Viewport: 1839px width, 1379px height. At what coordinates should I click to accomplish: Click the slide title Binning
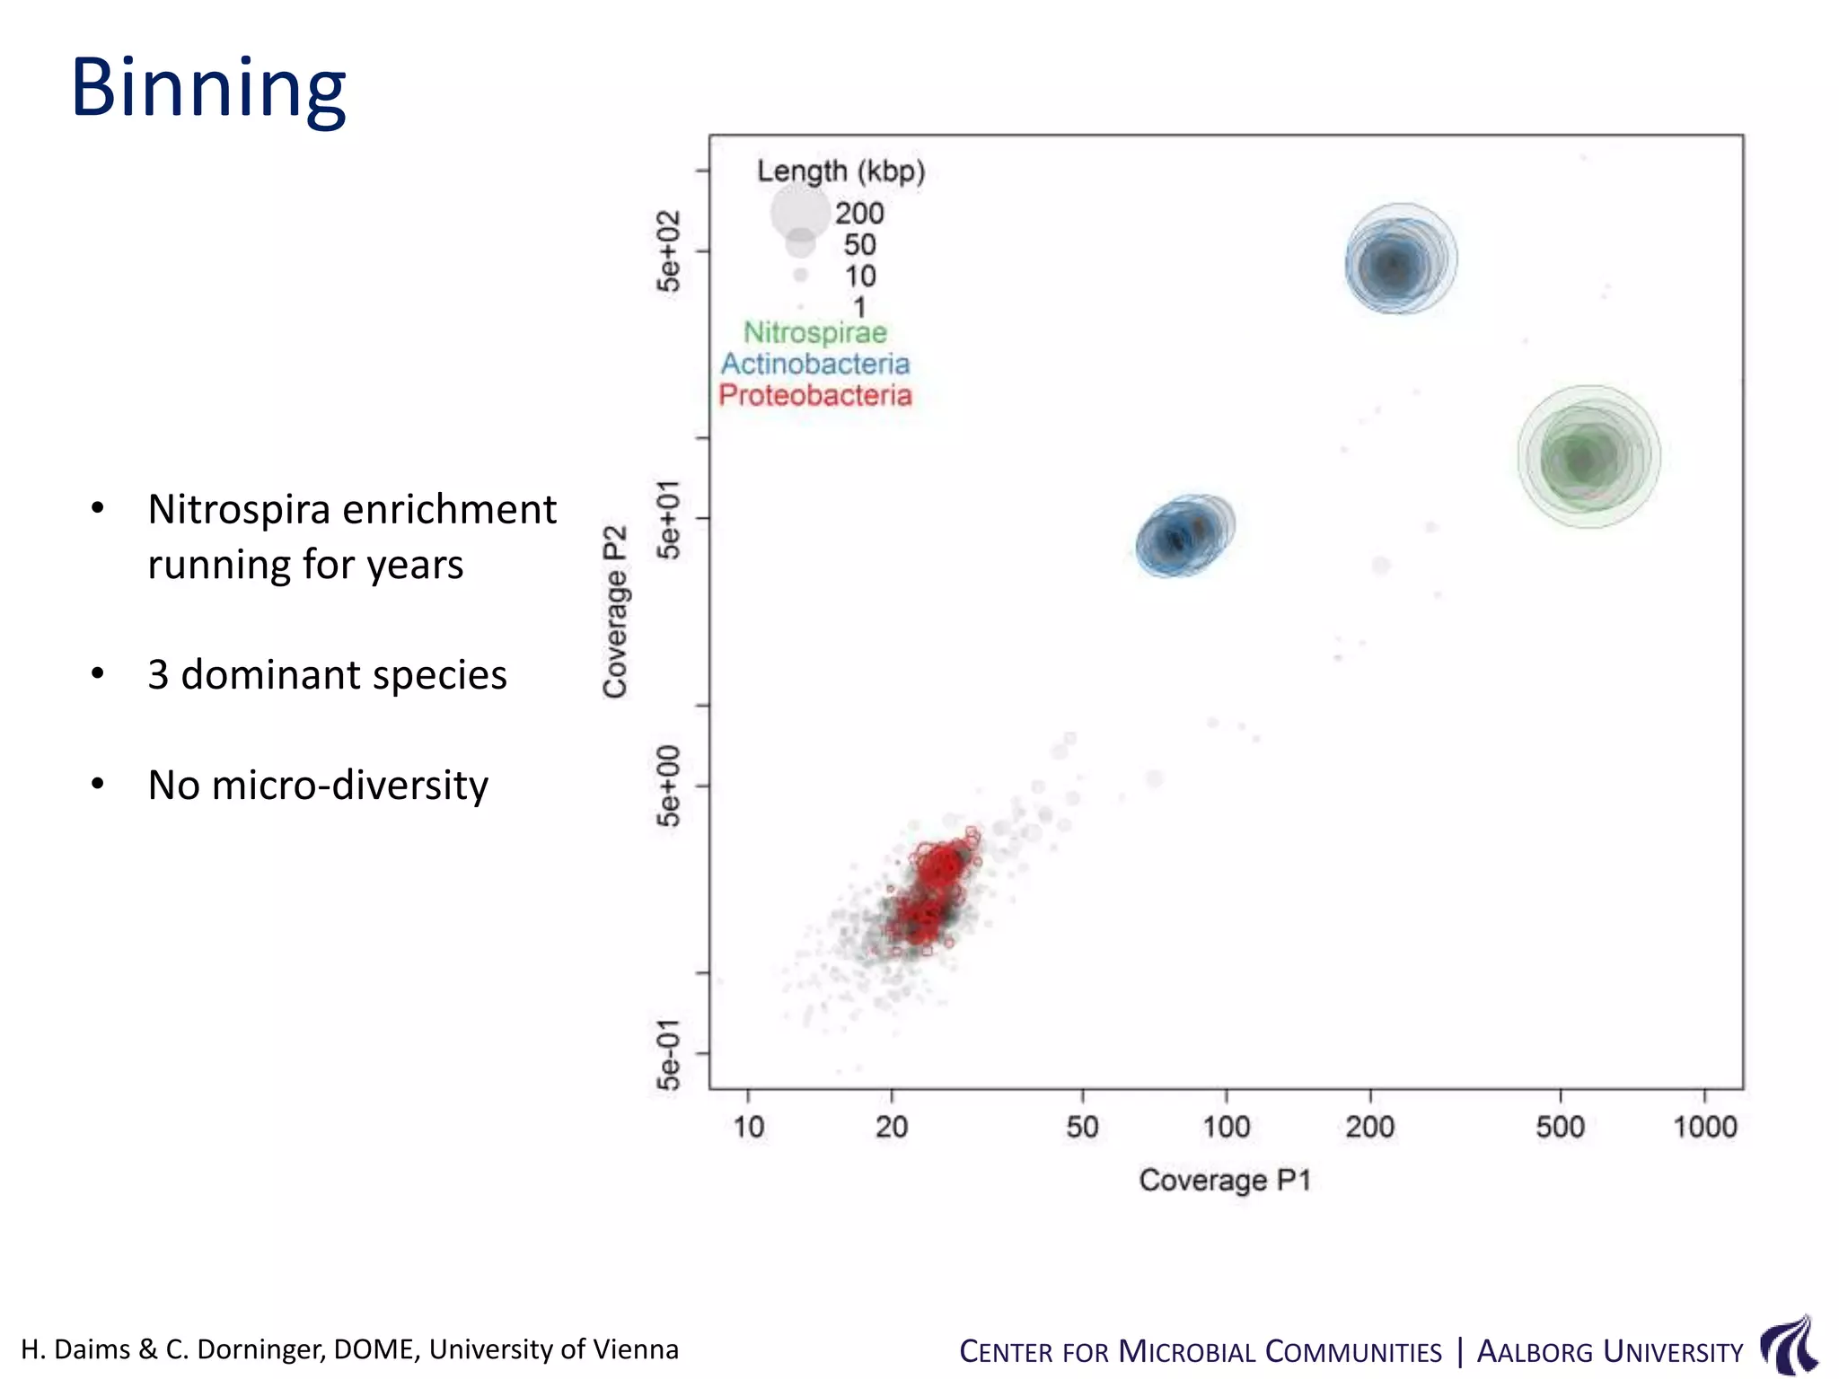pyautogui.click(x=208, y=88)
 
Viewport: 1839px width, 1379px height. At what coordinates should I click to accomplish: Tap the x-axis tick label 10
pyautogui.click(x=748, y=1127)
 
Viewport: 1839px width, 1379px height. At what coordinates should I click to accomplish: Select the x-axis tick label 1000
pyautogui.click(x=1704, y=1127)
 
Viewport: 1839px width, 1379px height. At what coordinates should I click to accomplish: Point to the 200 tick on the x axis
pyautogui.click(x=1369, y=1127)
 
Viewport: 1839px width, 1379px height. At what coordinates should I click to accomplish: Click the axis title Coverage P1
pyautogui.click(x=1225, y=1180)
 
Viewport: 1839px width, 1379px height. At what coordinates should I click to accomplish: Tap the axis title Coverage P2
pyautogui.click(x=615, y=611)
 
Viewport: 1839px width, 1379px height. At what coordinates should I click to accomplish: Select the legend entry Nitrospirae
pyautogui.click(x=815, y=333)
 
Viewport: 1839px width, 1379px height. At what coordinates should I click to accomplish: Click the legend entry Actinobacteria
pyautogui.click(x=815, y=364)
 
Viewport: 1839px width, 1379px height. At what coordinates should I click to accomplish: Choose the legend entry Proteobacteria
pyautogui.click(x=815, y=395)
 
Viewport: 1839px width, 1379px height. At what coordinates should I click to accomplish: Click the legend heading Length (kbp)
pyautogui.click(x=840, y=171)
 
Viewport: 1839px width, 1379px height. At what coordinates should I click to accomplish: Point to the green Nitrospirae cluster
pyautogui.click(x=1588, y=458)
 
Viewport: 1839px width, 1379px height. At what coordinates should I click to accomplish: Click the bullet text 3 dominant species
pyautogui.click(x=327, y=674)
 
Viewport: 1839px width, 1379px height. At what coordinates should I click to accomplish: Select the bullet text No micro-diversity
pyautogui.click(x=318, y=785)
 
